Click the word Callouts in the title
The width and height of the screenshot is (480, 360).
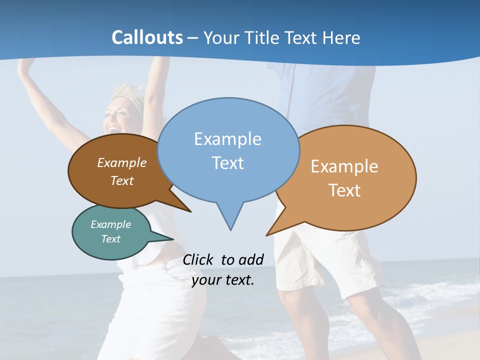pyautogui.click(x=147, y=37)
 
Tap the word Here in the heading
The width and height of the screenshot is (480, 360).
pyautogui.click(x=341, y=37)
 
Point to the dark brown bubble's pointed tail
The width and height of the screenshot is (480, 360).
pyautogui.click(x=180, y=205)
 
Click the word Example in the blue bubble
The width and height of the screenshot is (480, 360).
pyautogui.click(x=227, y=138)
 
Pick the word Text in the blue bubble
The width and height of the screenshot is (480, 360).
pyautogui.click(x=227, y=162)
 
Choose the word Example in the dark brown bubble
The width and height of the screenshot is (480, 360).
pyautogui.click(x=121, y=162)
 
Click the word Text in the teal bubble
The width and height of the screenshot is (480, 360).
pyautogui.click(x=110, y=239)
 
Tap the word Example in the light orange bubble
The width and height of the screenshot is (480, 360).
pyautogui.click(x=344, y=166)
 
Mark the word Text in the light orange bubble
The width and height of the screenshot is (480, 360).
pyautogui.click(x=344, y=190)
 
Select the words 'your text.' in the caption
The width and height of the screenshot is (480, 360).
pyautogui.click(x=223, y=280)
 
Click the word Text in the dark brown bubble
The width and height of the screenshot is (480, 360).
pyautogui.click(x=121, y=180)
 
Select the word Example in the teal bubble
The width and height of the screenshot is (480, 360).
pyautogui.click(x=110, y=224)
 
